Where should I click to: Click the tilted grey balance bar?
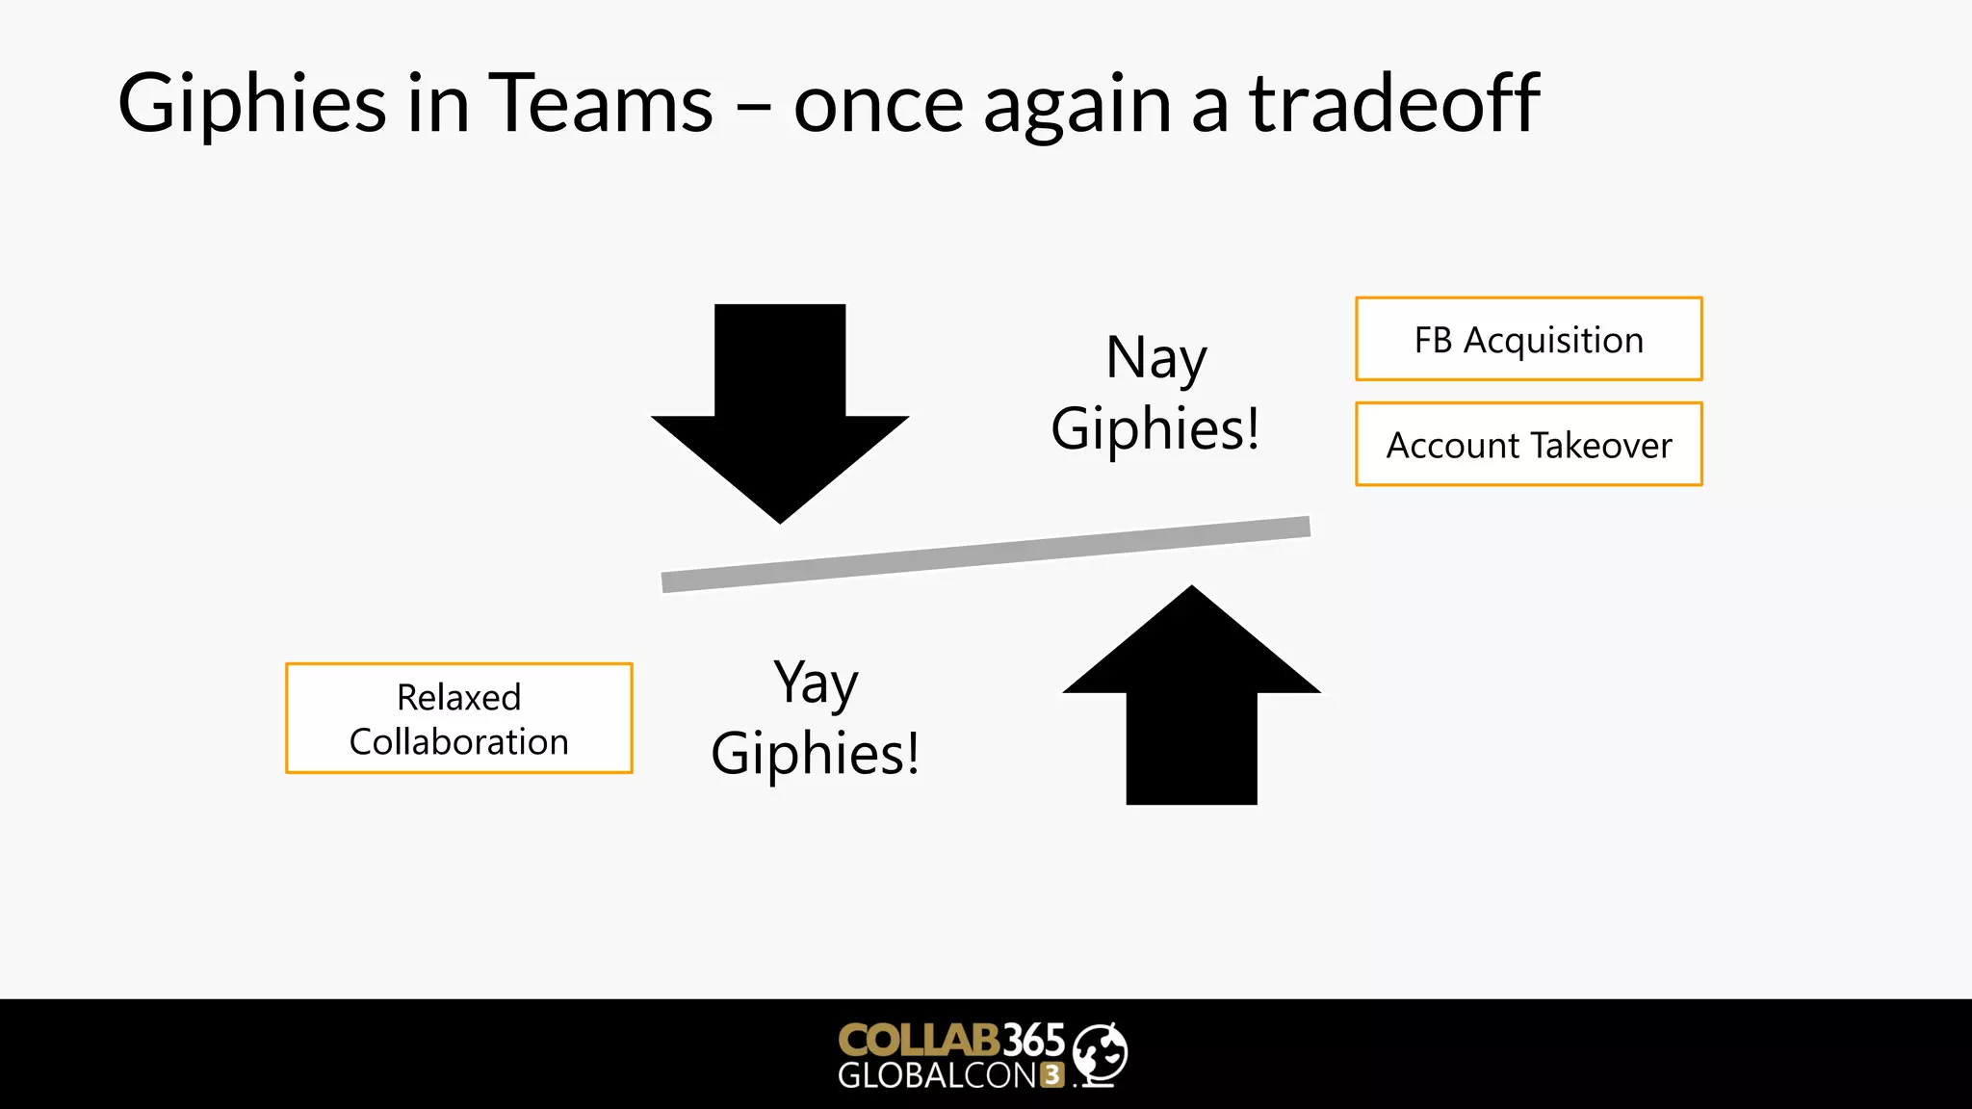tap(985, 554)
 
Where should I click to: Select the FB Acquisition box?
tap(1528, 340)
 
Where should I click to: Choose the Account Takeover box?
tap(1528, 445)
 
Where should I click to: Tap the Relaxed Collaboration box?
tap(458, 718)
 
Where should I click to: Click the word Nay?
tap(1155, 358)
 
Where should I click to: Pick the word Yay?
tap(816, 683)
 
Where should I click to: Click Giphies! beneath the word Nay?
tap(1155, 428)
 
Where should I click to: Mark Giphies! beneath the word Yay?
tap(815, 753)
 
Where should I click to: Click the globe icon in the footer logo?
tap(1100, 1053)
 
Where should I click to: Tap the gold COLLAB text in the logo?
tap(918, 1040)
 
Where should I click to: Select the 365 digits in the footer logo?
tap(1033, 1040)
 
